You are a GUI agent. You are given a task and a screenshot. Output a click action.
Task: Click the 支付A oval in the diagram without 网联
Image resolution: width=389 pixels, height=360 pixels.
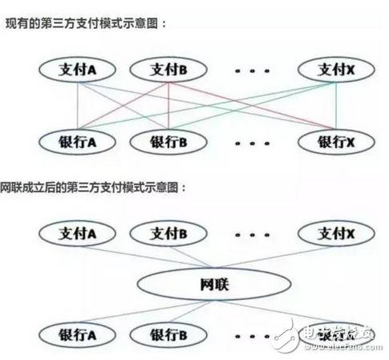click(76, 71)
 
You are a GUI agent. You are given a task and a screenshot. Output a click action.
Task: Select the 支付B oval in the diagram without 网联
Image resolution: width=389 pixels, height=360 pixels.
click(168, 71)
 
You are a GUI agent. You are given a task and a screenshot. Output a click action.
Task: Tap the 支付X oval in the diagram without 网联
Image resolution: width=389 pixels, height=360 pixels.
click(334, 71)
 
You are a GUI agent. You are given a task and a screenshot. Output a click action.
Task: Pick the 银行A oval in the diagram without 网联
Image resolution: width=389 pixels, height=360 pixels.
click(76, 142)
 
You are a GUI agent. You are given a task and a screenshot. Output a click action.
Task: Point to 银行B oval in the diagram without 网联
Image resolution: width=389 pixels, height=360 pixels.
click(168, 142)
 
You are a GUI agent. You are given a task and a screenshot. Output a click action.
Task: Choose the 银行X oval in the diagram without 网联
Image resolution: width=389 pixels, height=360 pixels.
click(334, 142)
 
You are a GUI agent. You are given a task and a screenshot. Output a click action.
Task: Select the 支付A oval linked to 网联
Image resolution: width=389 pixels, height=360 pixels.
click(76, 234)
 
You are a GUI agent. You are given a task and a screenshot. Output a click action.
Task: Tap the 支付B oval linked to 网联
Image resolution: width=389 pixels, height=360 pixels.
click(168, 234)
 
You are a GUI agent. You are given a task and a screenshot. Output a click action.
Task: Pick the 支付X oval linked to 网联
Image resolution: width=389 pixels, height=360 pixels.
click(334, 234)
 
